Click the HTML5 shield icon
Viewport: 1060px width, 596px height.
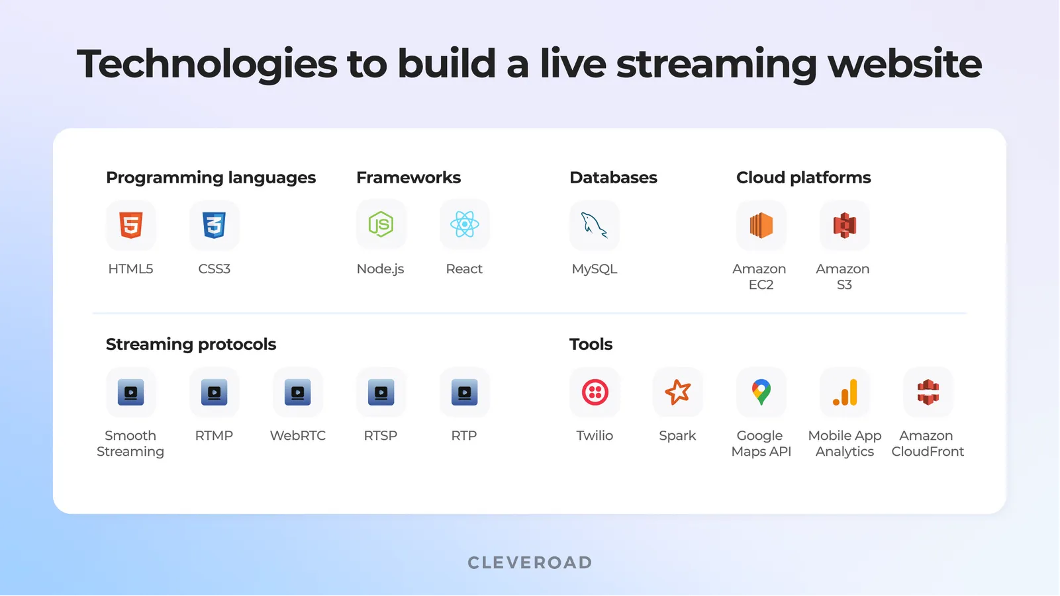point(131,225)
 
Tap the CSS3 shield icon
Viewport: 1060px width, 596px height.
point(215,225)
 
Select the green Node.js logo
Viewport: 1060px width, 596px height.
point(381,225)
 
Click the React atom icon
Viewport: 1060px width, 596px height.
point(464,225)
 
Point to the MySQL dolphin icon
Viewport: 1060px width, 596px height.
point(594,225)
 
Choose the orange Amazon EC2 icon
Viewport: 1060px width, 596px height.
point(761,225)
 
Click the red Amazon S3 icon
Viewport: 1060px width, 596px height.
point(844,225)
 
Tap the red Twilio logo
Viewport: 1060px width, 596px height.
point(595,392)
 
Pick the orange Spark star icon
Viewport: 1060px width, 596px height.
point(677,392)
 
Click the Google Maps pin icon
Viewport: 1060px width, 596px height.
point(761,392)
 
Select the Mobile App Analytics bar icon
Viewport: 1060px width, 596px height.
point(845,392)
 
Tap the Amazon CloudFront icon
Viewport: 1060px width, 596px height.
point(928,392)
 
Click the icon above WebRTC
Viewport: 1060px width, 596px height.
point(298,392)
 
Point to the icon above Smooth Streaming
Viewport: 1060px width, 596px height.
point(131,392)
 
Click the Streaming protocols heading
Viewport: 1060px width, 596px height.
point(191,344)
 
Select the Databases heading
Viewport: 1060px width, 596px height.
point(613,177)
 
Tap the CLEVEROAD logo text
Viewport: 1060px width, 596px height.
point(530,563)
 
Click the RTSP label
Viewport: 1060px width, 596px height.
point(381,435)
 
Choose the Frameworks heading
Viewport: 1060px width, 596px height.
point(409,177)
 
